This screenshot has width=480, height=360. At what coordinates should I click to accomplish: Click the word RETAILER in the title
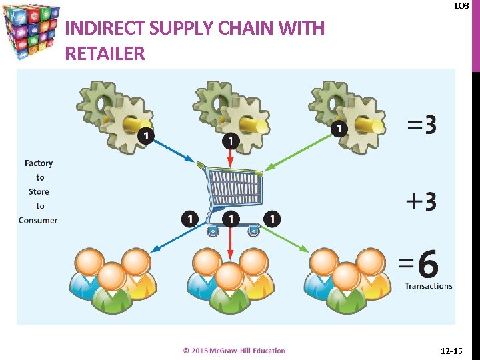[x=105, y=54]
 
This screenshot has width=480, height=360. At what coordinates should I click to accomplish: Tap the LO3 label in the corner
[x=461, y=6]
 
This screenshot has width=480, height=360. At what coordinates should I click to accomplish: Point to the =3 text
[x=421, y=125]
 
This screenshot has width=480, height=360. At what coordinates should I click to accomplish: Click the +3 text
[x=421, y=201]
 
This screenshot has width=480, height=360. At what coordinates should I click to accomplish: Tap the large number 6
[x=427, y=265]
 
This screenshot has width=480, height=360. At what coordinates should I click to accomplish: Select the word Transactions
[x=428, y=286]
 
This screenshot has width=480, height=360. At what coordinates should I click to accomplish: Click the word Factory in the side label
[x=39, y=163]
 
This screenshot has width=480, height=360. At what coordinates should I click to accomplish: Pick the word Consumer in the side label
[x=38, y=221]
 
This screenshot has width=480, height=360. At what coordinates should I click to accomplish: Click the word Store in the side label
[x=39, y=192]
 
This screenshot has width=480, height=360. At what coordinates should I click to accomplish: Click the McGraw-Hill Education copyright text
[x=234, y=351]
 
